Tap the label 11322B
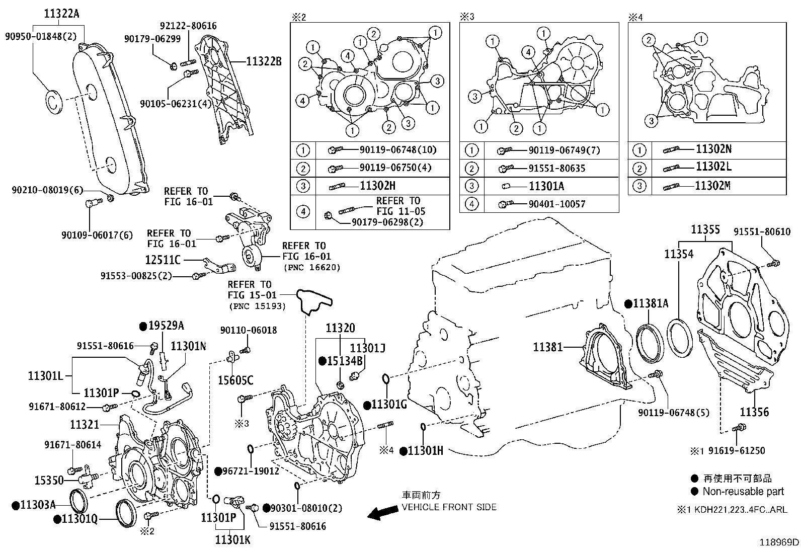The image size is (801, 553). tap(264, 62)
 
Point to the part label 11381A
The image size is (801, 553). tap(651, 303)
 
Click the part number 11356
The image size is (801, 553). tap(754, 412)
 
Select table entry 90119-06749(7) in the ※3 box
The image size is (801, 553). tap(564, 150)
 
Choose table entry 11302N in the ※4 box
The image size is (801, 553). tap(713, 149)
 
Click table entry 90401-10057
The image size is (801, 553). tap(557, 204)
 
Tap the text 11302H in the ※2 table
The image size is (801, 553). tap(377, 186)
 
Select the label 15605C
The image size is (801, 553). tap(235, 380)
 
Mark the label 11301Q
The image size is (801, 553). tap(79, 519)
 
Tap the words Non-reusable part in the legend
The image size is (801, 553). tap(743, 492)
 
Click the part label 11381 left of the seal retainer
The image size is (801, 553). tap(548, 347)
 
